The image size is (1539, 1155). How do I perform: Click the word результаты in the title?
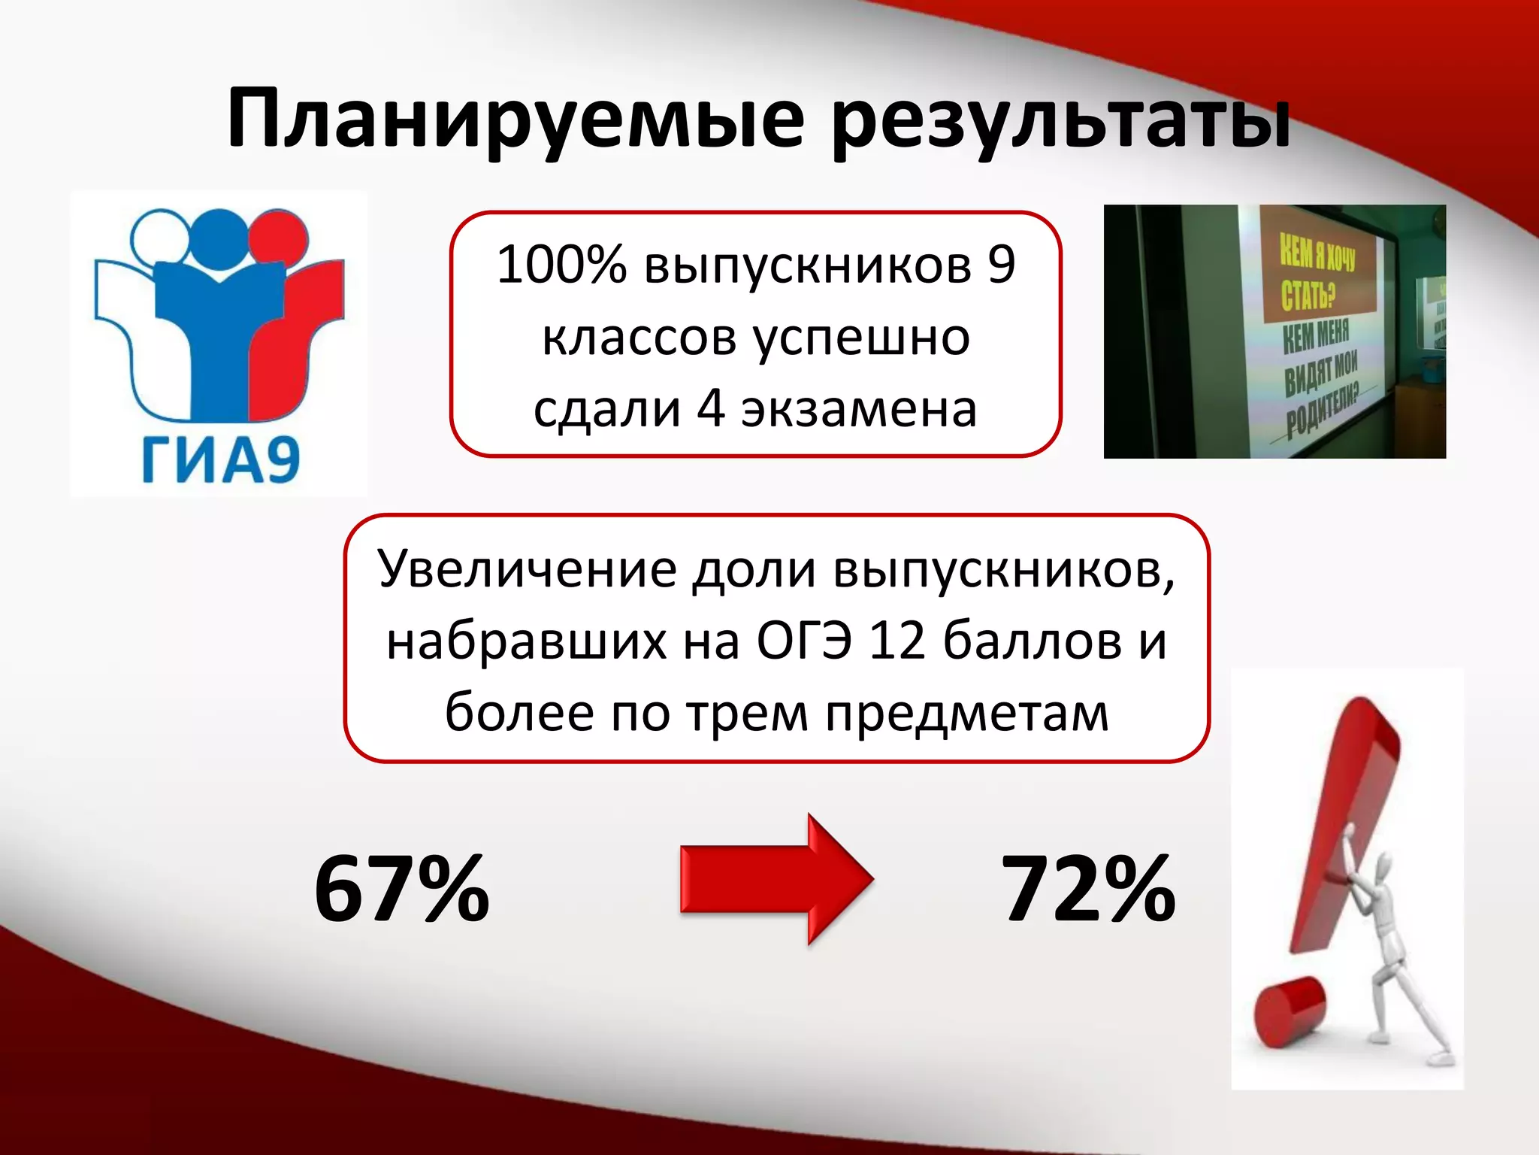(x=1061, y=120)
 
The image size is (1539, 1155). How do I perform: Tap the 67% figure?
(x=402, y=889)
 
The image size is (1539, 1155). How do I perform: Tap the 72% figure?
(x=1088, y=889)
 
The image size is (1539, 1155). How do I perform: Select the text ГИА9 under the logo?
(x=221, y=459)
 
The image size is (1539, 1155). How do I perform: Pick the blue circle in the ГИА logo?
(x=220, y=235)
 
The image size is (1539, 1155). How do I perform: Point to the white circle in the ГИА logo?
(x=160, y=236)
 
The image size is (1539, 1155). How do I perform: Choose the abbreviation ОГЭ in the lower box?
(x=803, y=641)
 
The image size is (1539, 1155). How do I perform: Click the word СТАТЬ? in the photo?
(x=1308, y=294)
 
